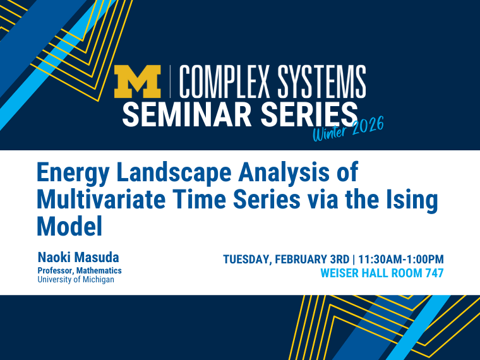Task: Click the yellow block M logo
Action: point(138,82)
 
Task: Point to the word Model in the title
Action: point(69,225)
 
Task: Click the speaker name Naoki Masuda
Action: point(78,258)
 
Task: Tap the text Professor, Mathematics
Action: point(80,270)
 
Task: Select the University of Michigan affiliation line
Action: point(76,279)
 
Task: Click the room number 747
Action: point(433,273)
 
